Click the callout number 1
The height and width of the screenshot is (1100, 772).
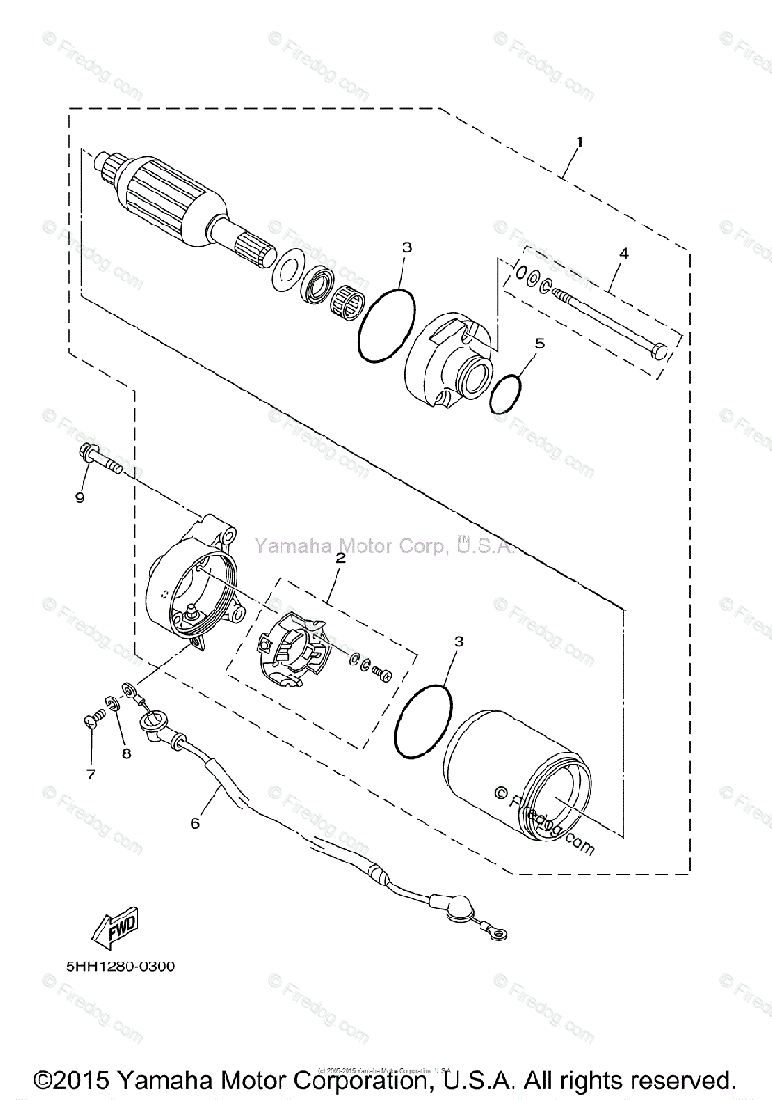click(579, 142)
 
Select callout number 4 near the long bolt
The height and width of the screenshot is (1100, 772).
click(623, 251)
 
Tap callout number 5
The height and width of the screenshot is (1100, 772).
click(539, 343)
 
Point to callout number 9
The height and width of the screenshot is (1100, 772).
click(80, 497)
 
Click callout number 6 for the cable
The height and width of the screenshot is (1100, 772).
click(194, 822)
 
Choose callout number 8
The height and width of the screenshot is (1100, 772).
click(127, 753)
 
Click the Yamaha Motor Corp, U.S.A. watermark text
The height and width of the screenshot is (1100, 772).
click(383, 546)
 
